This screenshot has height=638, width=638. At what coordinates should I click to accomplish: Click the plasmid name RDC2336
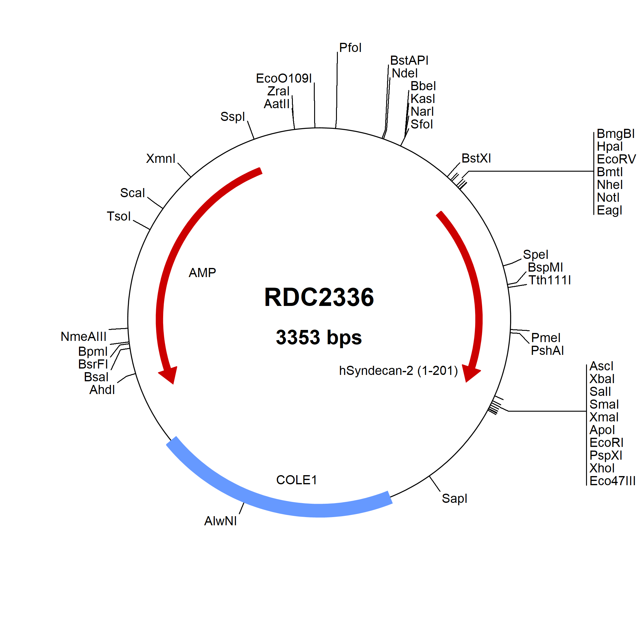point(319,297)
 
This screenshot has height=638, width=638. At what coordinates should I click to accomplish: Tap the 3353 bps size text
point(319,337)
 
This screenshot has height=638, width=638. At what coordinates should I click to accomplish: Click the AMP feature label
point(202,273)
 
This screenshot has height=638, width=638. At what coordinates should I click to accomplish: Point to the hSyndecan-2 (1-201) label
point(398,371)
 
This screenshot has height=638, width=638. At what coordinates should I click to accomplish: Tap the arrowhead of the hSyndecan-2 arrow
point(470,373)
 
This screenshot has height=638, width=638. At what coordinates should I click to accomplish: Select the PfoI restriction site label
point(350,48)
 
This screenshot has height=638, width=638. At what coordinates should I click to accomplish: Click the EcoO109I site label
point(284,79)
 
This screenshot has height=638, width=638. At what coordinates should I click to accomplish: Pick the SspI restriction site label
point(232,117)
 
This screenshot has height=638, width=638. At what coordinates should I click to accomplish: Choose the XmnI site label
point(160,159)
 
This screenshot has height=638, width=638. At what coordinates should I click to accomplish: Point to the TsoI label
point(118,217)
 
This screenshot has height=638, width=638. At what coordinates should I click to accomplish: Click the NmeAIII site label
point(84,337)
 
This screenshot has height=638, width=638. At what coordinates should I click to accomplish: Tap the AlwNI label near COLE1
point(220,521)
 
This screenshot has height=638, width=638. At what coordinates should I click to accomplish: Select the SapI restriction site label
point(454,499)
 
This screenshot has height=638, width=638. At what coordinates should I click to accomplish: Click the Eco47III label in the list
point(612,481)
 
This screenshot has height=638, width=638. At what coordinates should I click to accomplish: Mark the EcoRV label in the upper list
point(616,159)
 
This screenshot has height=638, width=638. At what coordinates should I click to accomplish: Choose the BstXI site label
point(476,159)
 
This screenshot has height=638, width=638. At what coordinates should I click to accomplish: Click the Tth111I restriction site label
point(550,280)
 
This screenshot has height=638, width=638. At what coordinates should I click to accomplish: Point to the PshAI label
point(547,351)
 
